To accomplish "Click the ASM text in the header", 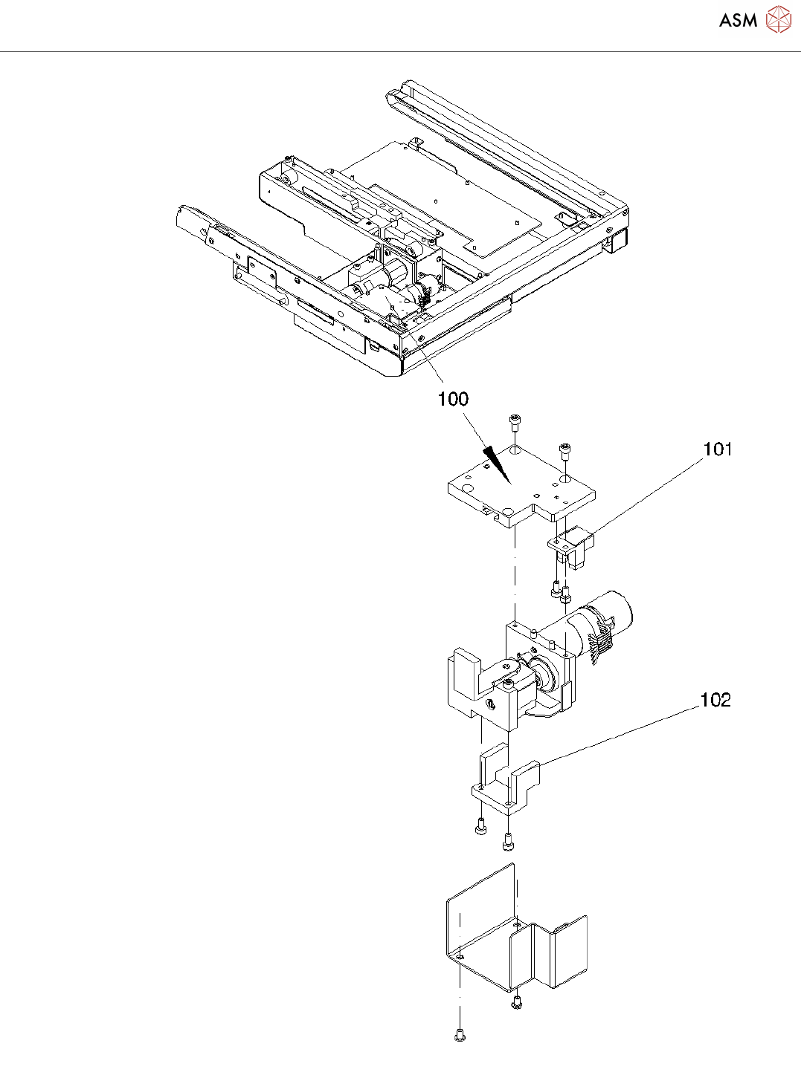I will pyautogui.click(x=738, y=21).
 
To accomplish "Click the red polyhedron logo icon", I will pyautogui.click(x=778, y=19).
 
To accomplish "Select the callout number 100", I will pyautogui.click(x=453, y=399).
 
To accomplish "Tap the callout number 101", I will pyautogui.click(x=718, y=449).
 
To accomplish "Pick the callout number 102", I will pyautogui.click(x=715, y=700).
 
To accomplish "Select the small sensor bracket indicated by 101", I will pyautogui.click(x=573, y=548).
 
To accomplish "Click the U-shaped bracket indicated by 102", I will pyautogui.click(x=506, y=780).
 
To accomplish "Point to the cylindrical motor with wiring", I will pyautogui.click(x=602, y=624).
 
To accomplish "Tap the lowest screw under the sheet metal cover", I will pyautogui.click(x=459, y=1034).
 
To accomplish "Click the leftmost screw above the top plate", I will pyautogui.click(x=514, y=423).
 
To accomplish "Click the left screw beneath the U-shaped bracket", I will pyautogui.click(x=480, y=825).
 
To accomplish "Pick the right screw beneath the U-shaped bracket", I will pyautogui.click(x=509, y=842).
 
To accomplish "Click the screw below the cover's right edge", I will pyautogui.click(x=517, y=1003).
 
